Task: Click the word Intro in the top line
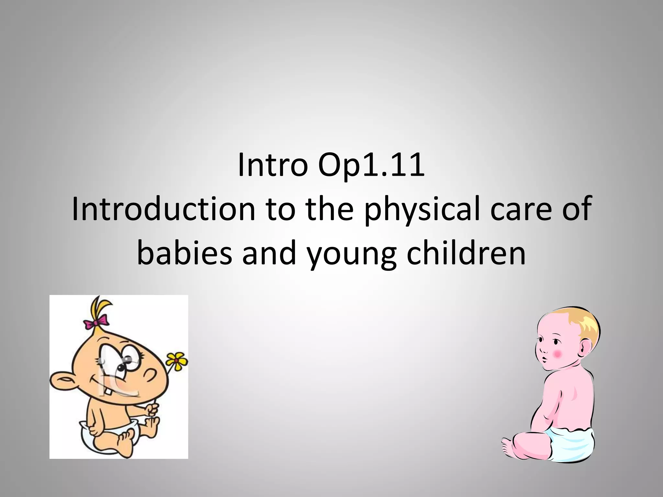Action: pos(272,166)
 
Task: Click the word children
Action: pos(466,254)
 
